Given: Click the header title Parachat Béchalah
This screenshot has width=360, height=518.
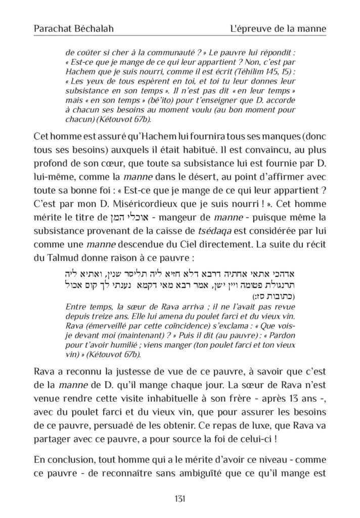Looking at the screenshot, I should (x=73, y=29).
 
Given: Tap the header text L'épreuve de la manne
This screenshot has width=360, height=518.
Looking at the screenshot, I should (x=278, y=29).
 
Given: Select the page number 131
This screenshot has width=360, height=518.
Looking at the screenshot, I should (x=179, y=498).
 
